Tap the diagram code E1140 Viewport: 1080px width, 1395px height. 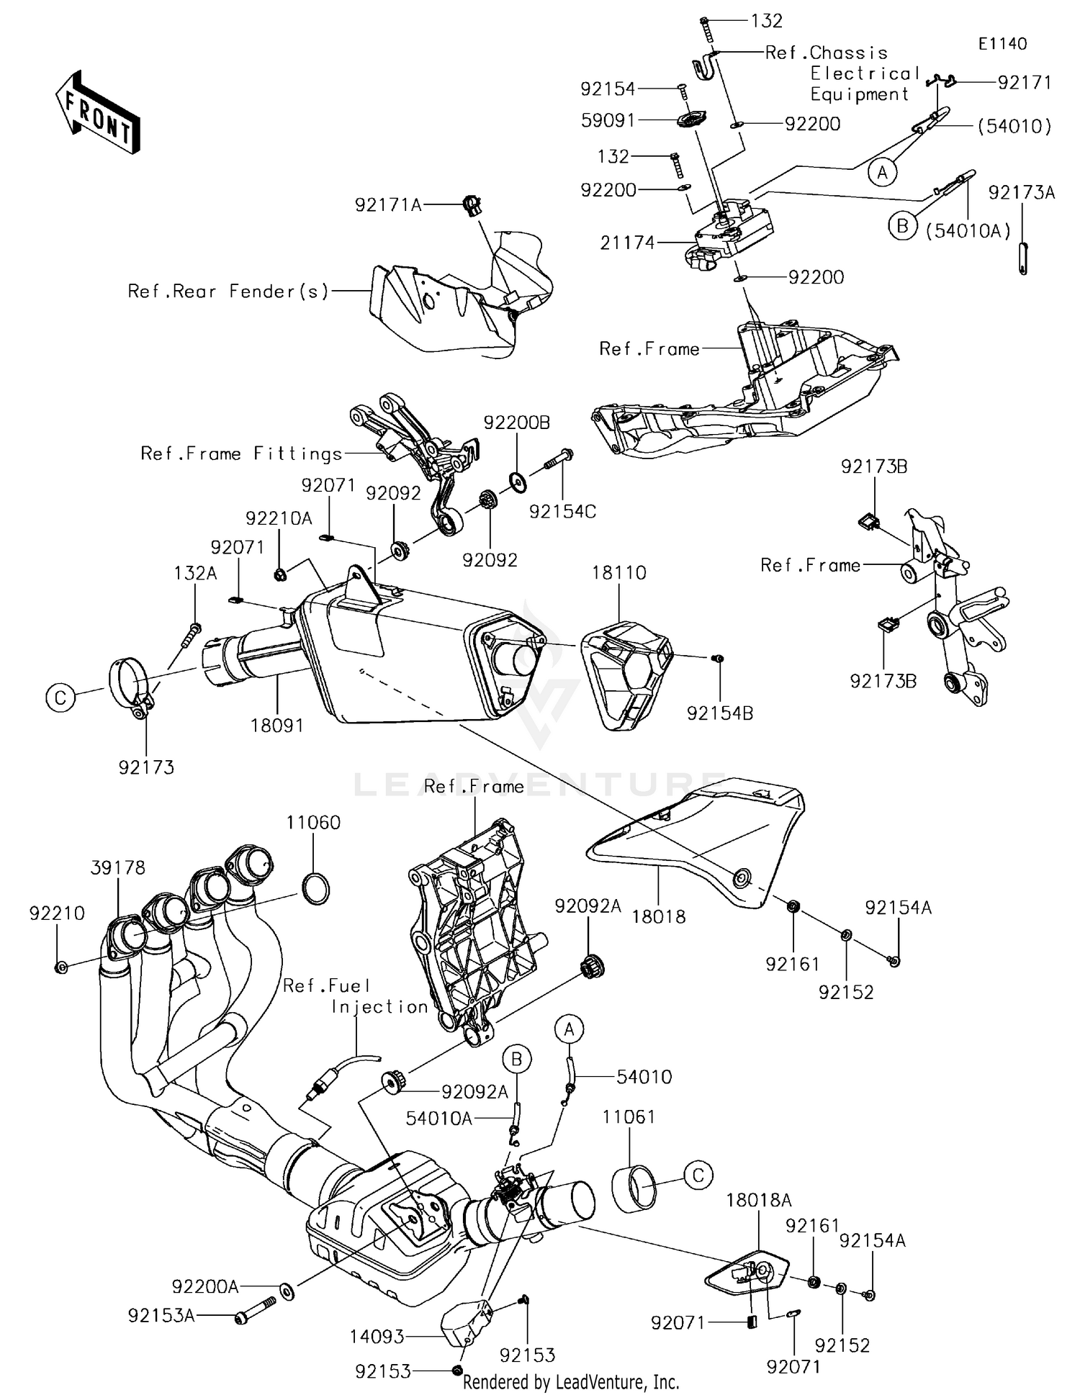(x=1002, y=44)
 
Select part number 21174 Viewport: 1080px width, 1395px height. (x=628, y=243)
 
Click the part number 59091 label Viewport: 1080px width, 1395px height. (x=608, y=120)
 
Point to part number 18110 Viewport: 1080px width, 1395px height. (x=619, y=573)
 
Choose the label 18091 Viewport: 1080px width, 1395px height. (x=277, y=726)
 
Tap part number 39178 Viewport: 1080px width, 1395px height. (x=118, y=868)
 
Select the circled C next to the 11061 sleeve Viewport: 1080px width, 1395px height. (x=698, y=1175)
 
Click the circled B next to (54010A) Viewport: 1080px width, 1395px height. (x=901, y=226)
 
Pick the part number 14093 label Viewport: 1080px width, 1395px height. (x=377, y=1337)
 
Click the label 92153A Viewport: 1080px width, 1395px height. (x=161, y=1316)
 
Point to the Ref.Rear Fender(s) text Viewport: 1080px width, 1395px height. (x=228, y=291)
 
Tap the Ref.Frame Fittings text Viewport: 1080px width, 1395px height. (x=241, y=453)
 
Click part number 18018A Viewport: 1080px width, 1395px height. (x=759, y=1200)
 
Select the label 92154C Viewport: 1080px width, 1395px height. (x=562, y=511)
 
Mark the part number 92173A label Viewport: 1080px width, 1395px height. (x=1022, y=192)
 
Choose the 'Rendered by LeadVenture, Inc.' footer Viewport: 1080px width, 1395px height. (x=571, y=1382)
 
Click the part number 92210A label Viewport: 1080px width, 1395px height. (x=279, y=518)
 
